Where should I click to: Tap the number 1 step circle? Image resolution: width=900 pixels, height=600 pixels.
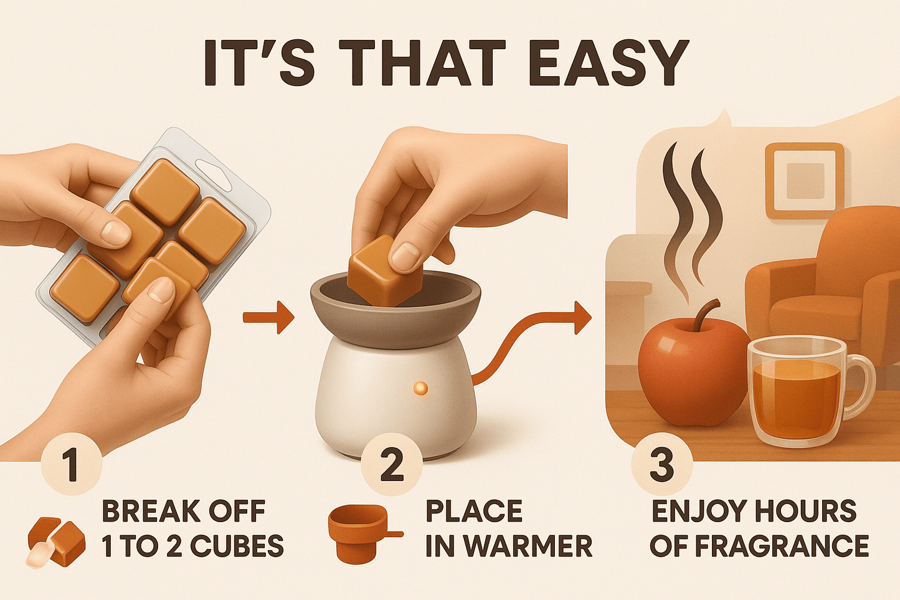[71, 465]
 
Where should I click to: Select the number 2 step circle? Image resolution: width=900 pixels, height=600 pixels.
[392, 465]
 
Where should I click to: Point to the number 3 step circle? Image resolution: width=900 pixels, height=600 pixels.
[661, 465]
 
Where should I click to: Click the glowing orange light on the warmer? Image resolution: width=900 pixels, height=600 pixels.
[420, 388]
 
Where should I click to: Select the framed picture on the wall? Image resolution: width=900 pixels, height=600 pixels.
[805, 181]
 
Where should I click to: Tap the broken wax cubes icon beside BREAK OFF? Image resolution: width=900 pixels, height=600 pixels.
[57, 541]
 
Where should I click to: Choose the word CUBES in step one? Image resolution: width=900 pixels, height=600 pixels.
[237, 546]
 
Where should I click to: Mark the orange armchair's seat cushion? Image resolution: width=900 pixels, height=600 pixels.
[810, 308]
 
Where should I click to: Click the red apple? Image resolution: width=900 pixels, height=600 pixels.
[692, 371]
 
